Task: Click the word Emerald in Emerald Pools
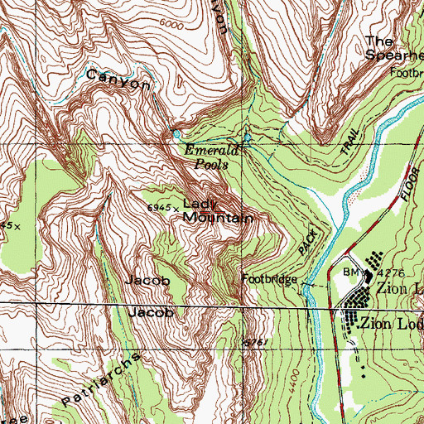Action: click(211, 151)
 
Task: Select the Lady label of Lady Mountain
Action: click(198, 204)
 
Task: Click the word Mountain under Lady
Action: click(217, 218)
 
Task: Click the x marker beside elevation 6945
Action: click(175, 208)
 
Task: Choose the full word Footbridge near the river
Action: click(270, 280)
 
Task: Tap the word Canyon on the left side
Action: click(118, 81)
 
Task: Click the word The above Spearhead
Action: click(379, 40)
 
